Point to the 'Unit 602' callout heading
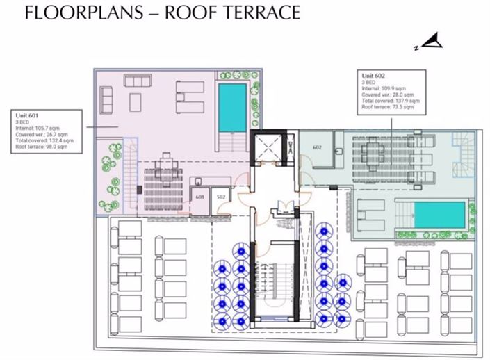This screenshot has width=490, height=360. tap(373, 75)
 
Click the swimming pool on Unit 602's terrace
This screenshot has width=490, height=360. tap(439, 215)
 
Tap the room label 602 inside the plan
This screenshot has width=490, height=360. tap(318, 147)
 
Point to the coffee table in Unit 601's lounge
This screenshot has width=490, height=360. tap(137, 98)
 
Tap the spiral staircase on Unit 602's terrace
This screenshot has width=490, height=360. tap(462, 147)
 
